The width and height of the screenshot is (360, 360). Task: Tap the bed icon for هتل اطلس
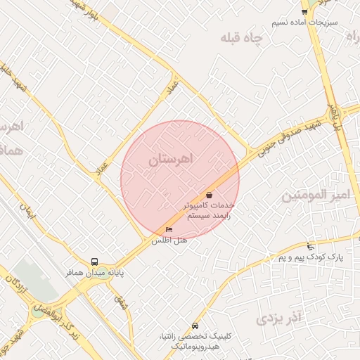[x=169, y=230]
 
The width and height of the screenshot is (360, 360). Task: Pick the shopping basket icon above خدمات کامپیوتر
[x=209, y=195]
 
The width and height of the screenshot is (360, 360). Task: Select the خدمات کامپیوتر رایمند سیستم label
[x=209, y=211]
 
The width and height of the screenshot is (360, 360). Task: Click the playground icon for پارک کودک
[x=311, y=247]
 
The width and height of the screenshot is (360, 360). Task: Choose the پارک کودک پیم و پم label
[x=310, y=258]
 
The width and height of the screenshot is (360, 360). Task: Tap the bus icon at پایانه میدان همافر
[x=95, y=262]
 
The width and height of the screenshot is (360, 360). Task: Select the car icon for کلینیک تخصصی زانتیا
[x=195, y=326]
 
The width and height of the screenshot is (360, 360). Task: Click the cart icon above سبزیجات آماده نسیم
[x=304, y=11]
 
